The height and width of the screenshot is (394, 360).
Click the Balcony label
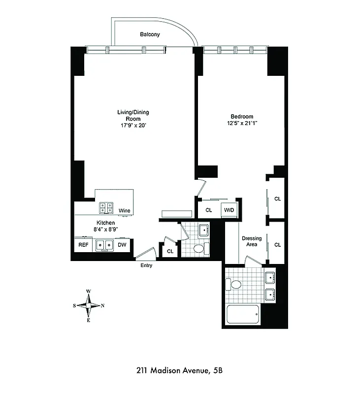[x=150, y=34]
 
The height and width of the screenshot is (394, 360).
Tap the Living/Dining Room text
[x=133, y=115]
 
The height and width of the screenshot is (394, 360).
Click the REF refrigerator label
[x=83, y=244]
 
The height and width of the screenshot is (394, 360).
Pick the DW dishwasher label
[x=122, y=244]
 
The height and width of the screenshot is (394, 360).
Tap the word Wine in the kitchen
[x=125, y=211]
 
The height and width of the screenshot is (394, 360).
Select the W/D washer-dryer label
[x=229, y=210]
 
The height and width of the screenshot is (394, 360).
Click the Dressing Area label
[x=251, y=241]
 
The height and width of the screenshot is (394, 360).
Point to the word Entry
[x=146, y=265]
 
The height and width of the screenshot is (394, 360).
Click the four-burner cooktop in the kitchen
[x=106, y=208]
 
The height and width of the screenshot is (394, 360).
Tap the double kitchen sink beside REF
[x=104, y=244]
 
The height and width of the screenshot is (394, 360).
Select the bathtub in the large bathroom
[x=243, y=314]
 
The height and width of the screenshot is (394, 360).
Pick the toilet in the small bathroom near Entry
[x=199, y=249]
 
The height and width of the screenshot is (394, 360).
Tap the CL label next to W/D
[x=208, y=210]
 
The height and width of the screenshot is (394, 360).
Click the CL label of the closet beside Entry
[x=170, y=251]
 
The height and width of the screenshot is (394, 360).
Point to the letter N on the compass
[x=102, y=305]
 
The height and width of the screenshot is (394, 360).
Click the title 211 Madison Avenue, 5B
[x=180, y=370]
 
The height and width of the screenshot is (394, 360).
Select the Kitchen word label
[x=106, y=223]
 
